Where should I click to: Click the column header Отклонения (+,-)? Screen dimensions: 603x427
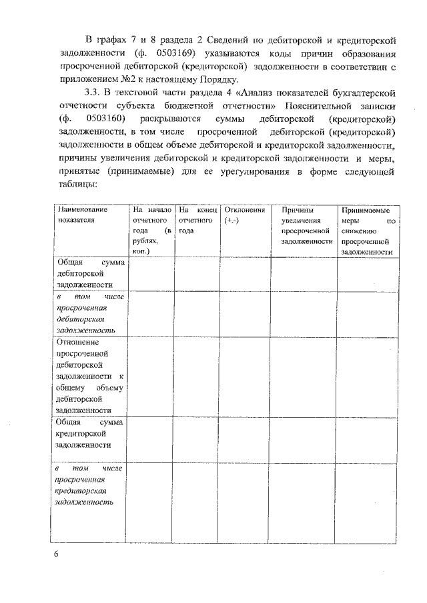pos(244,215)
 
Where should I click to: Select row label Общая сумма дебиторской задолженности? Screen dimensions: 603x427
pos(90,274)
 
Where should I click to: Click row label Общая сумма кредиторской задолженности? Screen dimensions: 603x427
pos(90,434)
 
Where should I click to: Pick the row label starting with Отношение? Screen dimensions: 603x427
pos(90,376)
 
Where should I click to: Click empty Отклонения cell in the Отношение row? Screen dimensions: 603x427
pos(244,376)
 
